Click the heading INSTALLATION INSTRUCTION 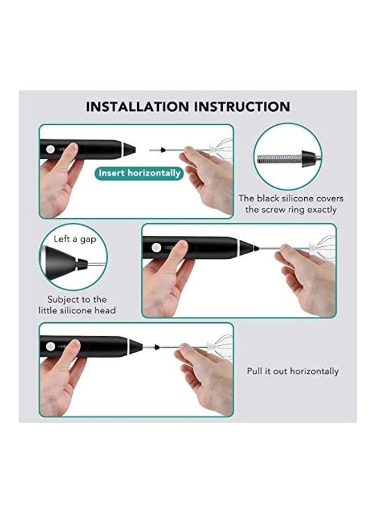(x=188, y=107)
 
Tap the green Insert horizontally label (x=140, y=173)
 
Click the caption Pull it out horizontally (x=292, y=371)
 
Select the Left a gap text (x=75, y=239)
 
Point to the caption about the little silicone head (x=77, y=305)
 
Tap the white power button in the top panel (x=50, y=149)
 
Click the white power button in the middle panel (x=154, y=247)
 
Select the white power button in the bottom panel (x=50, y=345)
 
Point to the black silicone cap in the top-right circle (x=308, y=156)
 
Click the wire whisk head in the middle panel (x=320, y=248)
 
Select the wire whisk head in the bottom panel (x=219, y=346)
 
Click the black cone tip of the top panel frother (x=129, y=149)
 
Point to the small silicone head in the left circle (x=83, y=263)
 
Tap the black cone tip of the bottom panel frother (x=135, y=346)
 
